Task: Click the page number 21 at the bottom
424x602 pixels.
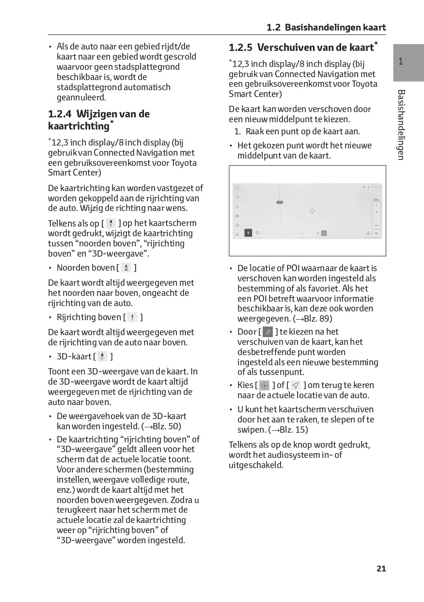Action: (381, 569)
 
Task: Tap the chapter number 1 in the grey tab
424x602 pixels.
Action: (401, 62)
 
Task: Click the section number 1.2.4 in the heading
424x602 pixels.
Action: (60, 114)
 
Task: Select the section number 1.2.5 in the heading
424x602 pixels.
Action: (241, 48)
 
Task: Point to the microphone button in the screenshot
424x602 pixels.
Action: (249, 233)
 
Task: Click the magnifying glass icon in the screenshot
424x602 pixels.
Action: (258, 233)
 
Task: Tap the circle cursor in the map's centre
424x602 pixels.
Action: (312, 211)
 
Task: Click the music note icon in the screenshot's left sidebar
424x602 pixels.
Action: (237, 197)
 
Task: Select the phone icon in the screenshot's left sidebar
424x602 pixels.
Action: (237, 206)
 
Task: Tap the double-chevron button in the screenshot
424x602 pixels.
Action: (377, 233)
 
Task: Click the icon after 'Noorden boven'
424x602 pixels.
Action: (126, 268)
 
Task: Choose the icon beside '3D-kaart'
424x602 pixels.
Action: (102, 357)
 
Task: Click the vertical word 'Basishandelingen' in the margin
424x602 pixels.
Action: (401, 125)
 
